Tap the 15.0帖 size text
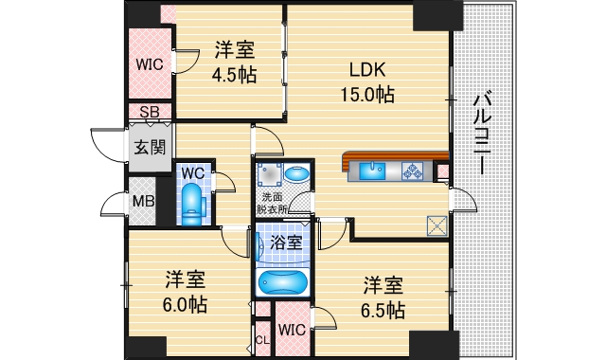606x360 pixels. tap(366, 94)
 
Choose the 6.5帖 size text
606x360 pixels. tap(384, 310)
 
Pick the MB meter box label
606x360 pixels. tap(143, 201)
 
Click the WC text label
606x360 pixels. tap(193, 173)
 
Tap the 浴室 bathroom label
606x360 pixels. tap(286, 243)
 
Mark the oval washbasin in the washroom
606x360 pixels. tap(296, 174)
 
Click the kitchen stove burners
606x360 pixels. tap(414, 171)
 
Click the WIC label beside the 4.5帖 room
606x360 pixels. tap(149, 64)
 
